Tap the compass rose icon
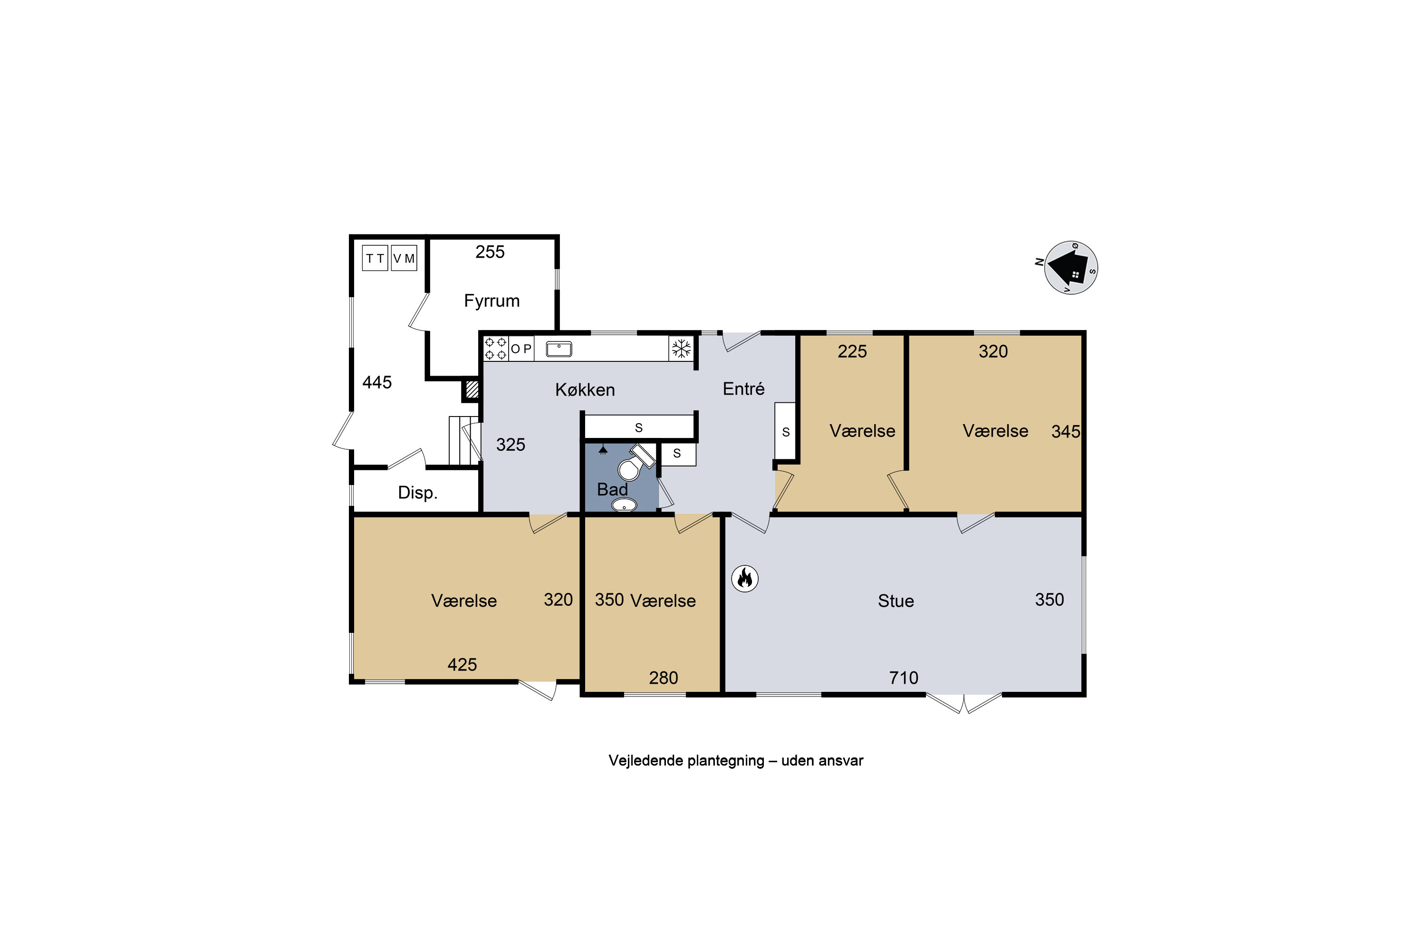click(x=1071, y=267)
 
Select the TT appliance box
click(x=375, y=258)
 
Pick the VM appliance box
click(x=404, y=258)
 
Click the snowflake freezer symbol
click(x=682, y=349)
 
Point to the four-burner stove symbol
click(x=495, y=349)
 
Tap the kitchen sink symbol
click(x=559, y=349)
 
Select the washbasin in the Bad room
click(x=624, y=505)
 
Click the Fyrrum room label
click(x=491, y=301)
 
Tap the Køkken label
click(x=585, y=389)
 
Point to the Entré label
click(x=743, y=389)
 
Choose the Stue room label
click(x=896, y=601)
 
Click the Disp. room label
click(x=418, y=493)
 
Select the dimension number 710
click(x=904, y=678)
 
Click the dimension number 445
click(x=377, y=382)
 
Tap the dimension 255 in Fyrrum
click(x=490, y=252)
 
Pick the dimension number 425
click(x=462, y=665)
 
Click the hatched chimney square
click(x=472, y=389)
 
